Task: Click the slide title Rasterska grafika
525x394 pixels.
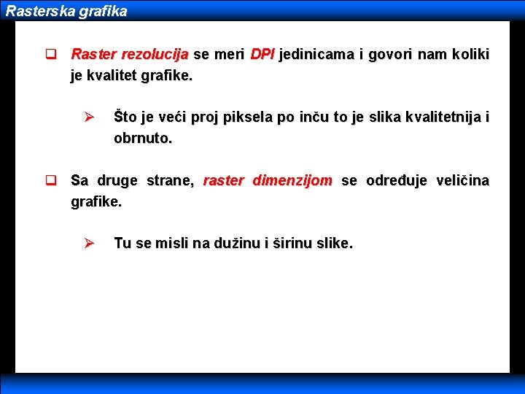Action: tap(66, 12)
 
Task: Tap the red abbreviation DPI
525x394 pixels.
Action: tap(262, 55)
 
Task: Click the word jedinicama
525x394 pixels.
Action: tap(316, 55)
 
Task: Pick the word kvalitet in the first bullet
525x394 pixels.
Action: tap(115, 74)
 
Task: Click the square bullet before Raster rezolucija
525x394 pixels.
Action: tap(51, 55)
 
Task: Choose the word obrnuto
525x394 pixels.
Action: tap(143, 138)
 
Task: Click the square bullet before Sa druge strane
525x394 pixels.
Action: tap(51, 180)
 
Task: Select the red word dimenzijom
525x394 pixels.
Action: tap(292, 180)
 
